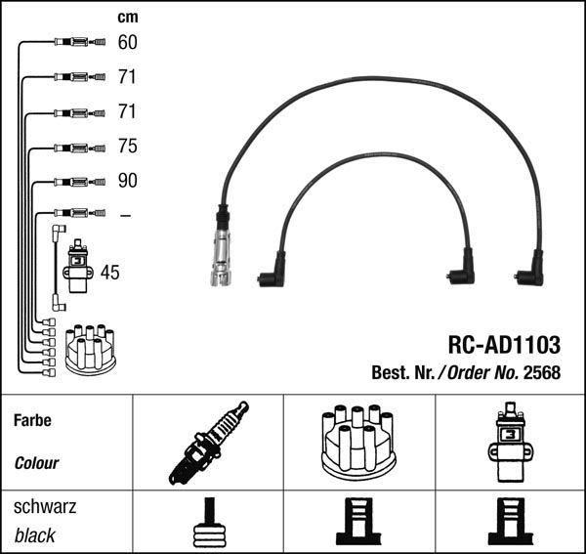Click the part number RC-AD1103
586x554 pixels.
[503, 344]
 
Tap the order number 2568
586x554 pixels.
[542, 371]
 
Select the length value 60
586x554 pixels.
[127, 42]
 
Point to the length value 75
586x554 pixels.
[127, 147]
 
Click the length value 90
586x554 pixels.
[127, 181]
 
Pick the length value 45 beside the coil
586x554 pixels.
[110, 273]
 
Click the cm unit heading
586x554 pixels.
[127, 18]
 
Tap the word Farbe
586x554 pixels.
[32, 420]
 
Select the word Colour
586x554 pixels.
[37, 463]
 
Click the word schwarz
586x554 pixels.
[45, 507]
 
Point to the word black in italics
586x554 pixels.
[35, 535]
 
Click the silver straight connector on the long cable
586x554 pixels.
[222, 252]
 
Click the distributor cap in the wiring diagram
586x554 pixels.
[90, 350]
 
